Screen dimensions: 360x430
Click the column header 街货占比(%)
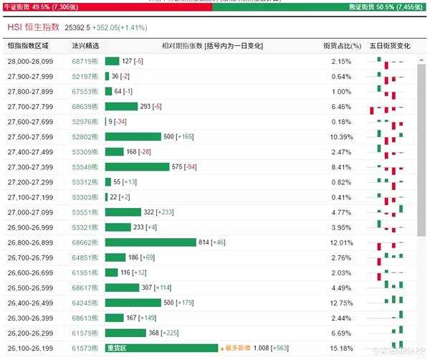pos(341,46)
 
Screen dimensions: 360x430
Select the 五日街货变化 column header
pos(390,46)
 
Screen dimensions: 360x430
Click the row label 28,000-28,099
pos(29,62)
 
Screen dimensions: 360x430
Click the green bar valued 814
pos(150,242)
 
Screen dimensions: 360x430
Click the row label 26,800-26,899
pos(29,242)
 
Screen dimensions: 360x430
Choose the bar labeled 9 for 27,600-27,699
pos(106,122)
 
